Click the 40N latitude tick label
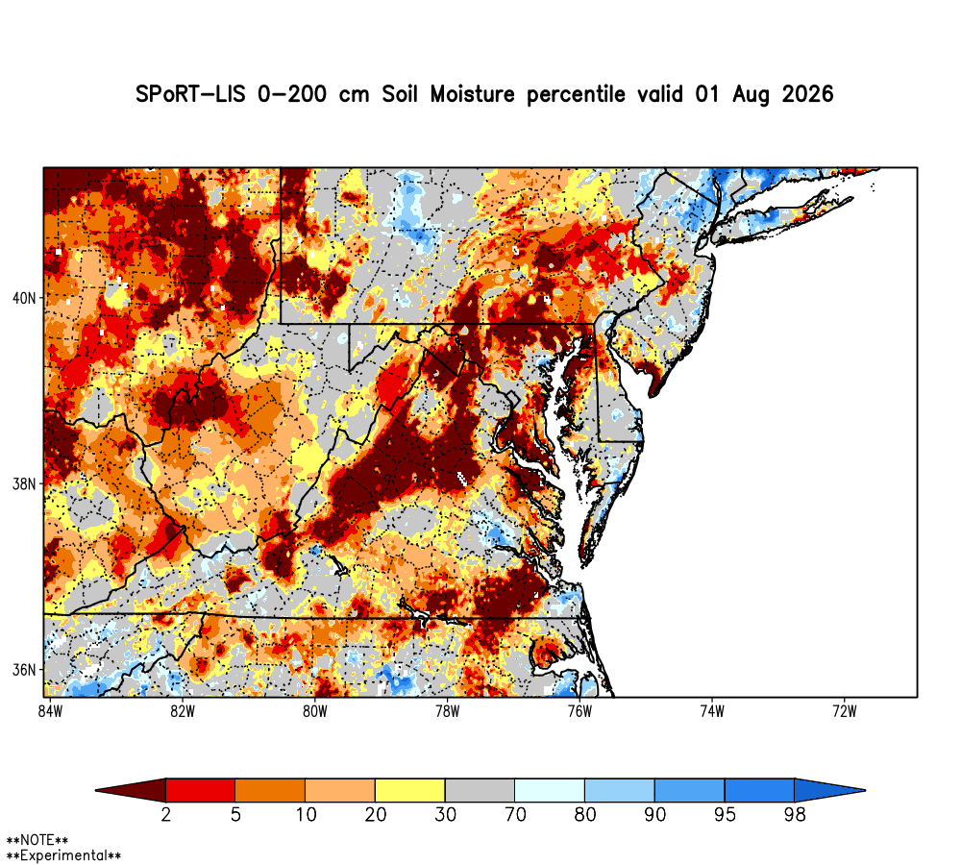(23, 298)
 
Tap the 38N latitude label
(23, 483)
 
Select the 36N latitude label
(23, 670)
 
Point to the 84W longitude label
(50, 711)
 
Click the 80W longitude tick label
(315, 711)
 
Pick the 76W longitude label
(579, 711)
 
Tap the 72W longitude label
(845, 711)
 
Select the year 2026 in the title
(808, 94)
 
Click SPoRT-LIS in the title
(190, 94)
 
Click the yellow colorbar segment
(410, 790)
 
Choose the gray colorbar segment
(480, 790)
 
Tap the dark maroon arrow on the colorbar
(131, 790)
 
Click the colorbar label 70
(515, 815)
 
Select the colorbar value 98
(795, 815)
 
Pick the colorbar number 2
(165, 815)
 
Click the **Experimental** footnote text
(63, 855)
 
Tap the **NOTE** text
(37, 840)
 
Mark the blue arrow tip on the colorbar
(865, 790)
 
